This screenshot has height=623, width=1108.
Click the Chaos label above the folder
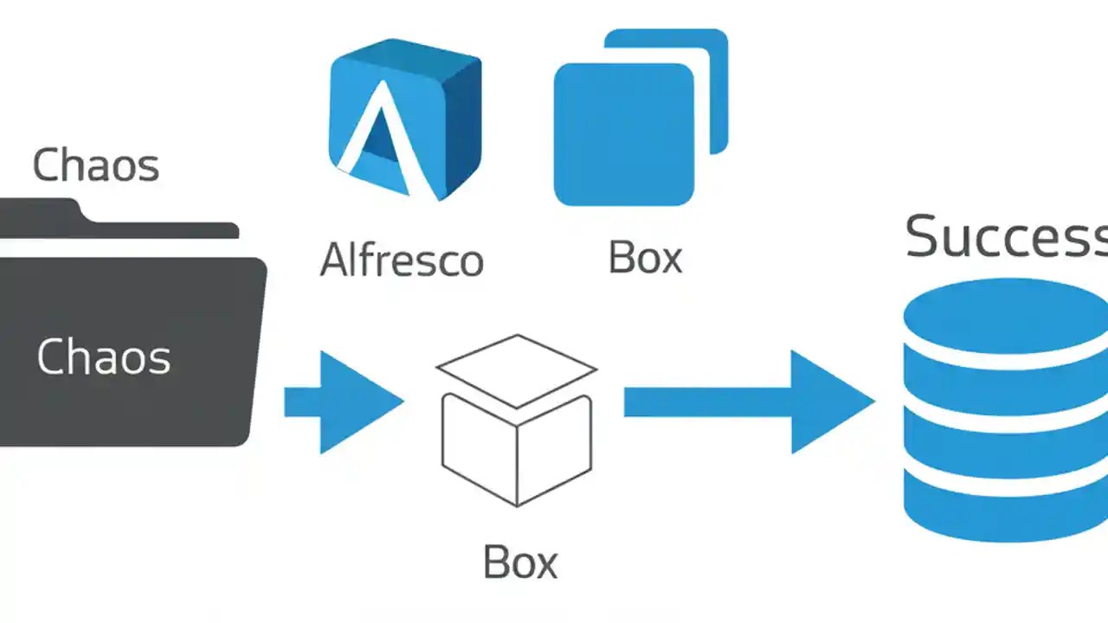pyautogui.click(x=95, y=165)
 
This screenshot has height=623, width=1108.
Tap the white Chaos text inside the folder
pyautogui.click(x=103, y=356)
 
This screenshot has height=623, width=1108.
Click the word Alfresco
pyautogui.click(x=402, y=260)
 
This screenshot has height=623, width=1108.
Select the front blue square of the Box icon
pyautogui.click(x=623, y=134)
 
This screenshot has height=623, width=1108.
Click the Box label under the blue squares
pyautogui.click(x=645, y=257)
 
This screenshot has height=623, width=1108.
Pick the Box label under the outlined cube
pyautogui.click(x=519, y=562)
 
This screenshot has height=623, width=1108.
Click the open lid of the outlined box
pyautogui.click(x=517, y=369)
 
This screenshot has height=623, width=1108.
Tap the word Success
pyautogui.click(x=1004, y=235)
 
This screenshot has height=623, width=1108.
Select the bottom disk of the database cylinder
pyautogui.click(x=1004, y=511)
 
